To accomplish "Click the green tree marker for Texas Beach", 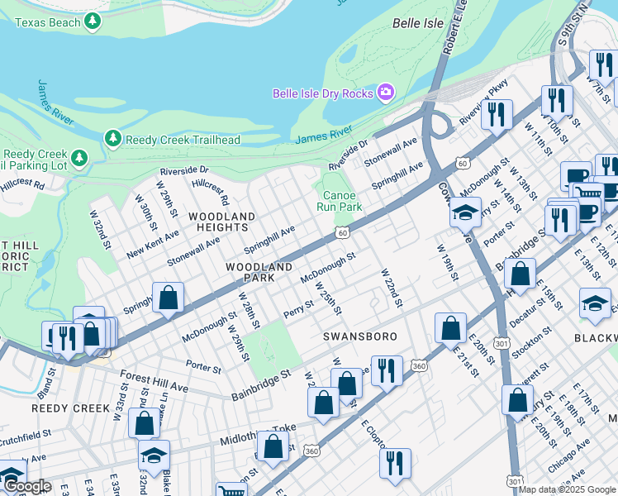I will (x=93, y=21).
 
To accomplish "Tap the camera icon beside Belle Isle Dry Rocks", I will (x=385, y=93).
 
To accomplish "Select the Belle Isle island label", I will (x=417, y=46).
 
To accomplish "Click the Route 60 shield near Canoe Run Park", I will (x=341, y=233).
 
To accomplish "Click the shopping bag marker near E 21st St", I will (x=449, y=328).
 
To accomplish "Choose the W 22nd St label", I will (x=391, y=288).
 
